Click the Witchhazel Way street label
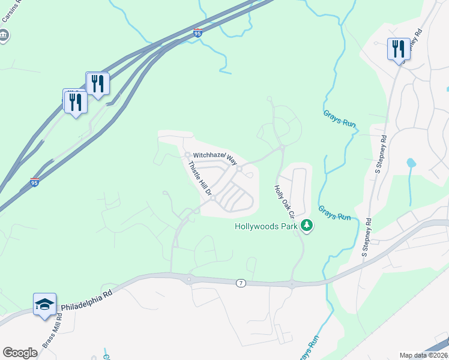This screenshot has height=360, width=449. (x=215, y=158)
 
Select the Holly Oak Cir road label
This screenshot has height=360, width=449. (x=284, y=201)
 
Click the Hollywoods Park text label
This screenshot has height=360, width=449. (x=266, y=227)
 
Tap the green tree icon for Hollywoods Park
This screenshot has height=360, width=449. (x=307, y=226)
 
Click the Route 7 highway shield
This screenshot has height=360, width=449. (x=240, y=283)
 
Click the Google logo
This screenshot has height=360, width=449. (x=20, y=352)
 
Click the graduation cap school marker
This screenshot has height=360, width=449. (x=44, y=304)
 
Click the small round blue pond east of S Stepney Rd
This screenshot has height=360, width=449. (x=411, y=163)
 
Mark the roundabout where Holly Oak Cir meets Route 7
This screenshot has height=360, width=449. (x=292, y=284)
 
